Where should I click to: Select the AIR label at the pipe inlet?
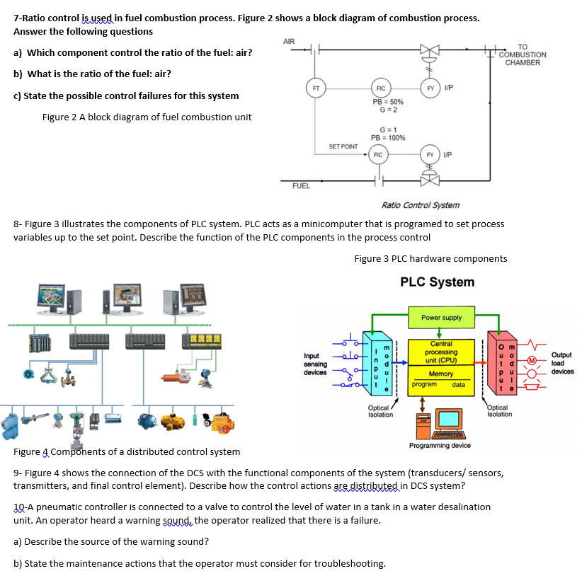pyautogui.click(x=289, y=41)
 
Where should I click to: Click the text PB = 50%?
pyautogui.click(x=387, y=102)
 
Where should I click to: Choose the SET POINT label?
pyautogui.click(x=343, y=146)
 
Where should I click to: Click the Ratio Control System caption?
pyautogui.click(x=420, y=205)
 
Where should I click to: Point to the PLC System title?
pyautogui.click(x=437, y=282)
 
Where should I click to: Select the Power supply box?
pyautogui.click(x=441, y=318)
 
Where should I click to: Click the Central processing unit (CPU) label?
pyautogui.click(x=441, y=352)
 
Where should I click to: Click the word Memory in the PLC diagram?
pyautogui.click(x=441, y=374)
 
